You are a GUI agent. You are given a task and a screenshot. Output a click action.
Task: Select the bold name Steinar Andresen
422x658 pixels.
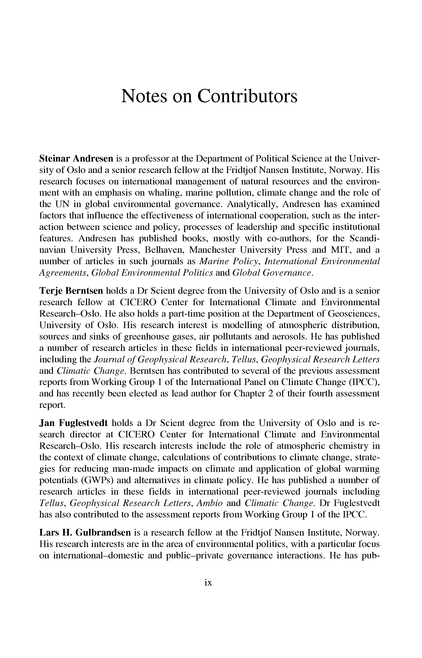[76, 158]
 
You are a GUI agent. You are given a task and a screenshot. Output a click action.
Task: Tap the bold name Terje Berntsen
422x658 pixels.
[71, 291]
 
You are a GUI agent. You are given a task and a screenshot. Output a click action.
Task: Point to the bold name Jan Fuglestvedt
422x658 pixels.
[74, 423]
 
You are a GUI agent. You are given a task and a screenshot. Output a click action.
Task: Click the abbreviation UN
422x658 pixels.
[62, 204]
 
